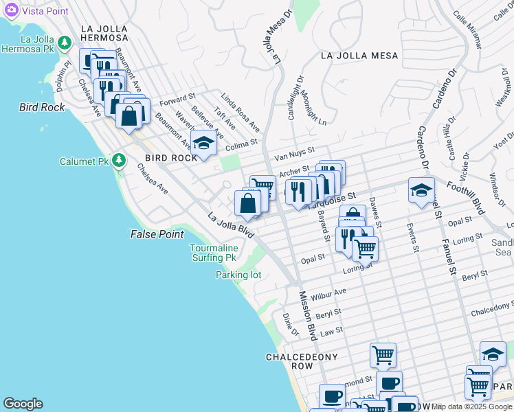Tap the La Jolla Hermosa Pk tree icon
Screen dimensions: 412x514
[x=65, y=43]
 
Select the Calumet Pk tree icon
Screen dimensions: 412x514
[x=120, y=161]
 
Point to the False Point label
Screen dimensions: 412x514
[x=157, y=234]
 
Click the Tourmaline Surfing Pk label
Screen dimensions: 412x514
[x=214, y=253]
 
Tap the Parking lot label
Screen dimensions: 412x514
[x=238, y=275]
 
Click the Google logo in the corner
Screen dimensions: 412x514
[x=23, y=403]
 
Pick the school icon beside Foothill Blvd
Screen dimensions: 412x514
[x=421, y=192]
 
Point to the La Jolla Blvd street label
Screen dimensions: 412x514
[x=231, y=225]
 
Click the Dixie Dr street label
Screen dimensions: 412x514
[x=291, y=323]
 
